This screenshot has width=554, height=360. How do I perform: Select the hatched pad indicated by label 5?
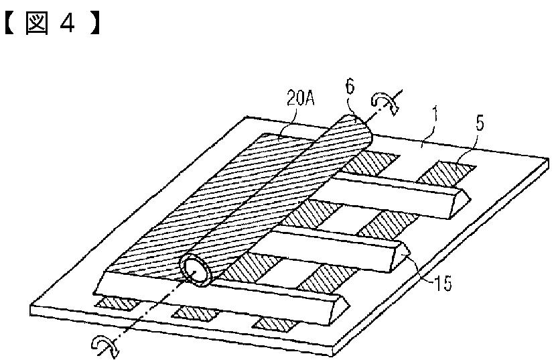(x=445, y=171)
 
